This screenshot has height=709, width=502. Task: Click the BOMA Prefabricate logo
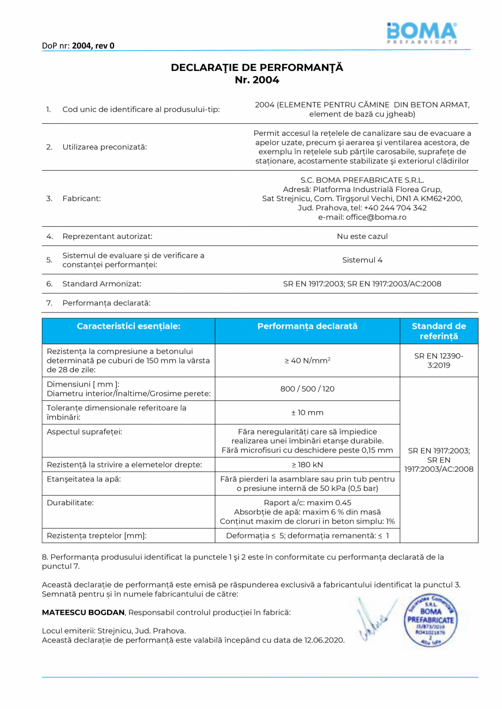point(421,33)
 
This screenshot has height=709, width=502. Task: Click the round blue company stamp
point(429,619)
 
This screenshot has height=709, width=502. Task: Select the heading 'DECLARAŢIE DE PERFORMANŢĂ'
point(257,68)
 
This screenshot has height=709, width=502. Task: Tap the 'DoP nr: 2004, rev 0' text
point(78,46)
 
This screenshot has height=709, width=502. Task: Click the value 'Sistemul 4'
point(362,260)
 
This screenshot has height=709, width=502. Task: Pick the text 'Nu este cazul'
point(362,236)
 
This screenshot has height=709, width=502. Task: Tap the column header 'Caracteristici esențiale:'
point(128,326)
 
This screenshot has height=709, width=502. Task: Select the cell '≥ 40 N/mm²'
point(307,361)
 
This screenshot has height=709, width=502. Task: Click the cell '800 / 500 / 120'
point(307,389)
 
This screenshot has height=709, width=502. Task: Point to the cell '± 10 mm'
point(307,413)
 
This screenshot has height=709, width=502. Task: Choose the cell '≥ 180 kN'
point(307,465)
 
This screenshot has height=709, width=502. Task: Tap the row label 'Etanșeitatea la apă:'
point(84,479)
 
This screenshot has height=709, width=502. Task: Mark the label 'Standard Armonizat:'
point(101,284)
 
